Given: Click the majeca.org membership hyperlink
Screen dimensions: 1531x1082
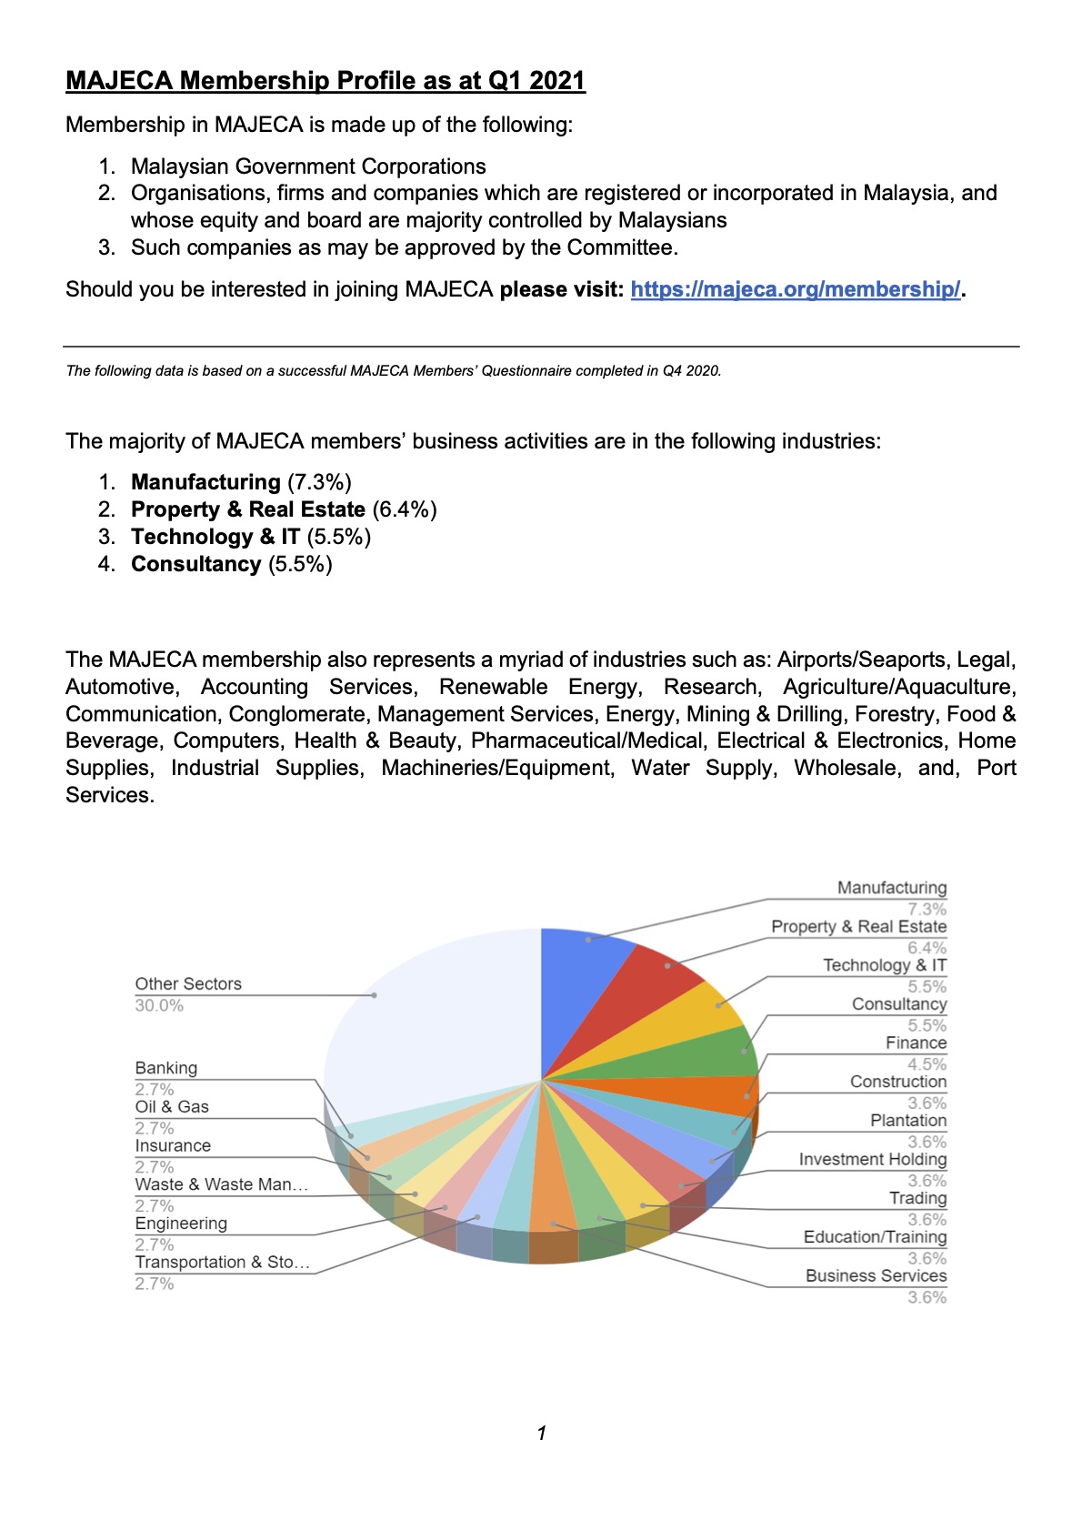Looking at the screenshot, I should tap(795, 289).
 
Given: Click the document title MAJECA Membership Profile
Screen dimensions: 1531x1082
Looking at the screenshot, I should tap(326, 81).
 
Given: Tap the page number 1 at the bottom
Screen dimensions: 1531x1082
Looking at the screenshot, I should tap(542, 1433).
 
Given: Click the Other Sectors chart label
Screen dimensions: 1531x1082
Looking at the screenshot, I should tap(188, 983).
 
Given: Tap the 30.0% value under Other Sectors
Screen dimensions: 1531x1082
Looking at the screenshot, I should tap(159, 1005).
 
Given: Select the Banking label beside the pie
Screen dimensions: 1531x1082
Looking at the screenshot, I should tap(166, 1068).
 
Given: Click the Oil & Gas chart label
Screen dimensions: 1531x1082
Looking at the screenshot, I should tap(172, 1107).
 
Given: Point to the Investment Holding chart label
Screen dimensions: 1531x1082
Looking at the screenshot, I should tap(872, 1159).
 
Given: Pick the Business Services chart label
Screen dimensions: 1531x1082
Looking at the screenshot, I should tap(876, 1275).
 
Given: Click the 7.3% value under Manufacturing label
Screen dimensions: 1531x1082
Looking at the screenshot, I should tap(927, 909).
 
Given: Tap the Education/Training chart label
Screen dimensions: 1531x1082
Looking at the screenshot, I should tap(875, 1237).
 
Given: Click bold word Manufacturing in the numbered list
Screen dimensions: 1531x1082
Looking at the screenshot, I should tap(205, 482).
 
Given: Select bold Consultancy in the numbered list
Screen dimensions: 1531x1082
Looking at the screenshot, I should tap(196, 564).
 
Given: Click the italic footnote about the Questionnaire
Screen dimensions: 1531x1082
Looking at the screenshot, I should tap(394, 371).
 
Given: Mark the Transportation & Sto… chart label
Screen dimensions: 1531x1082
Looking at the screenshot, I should tap(223, 1263).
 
